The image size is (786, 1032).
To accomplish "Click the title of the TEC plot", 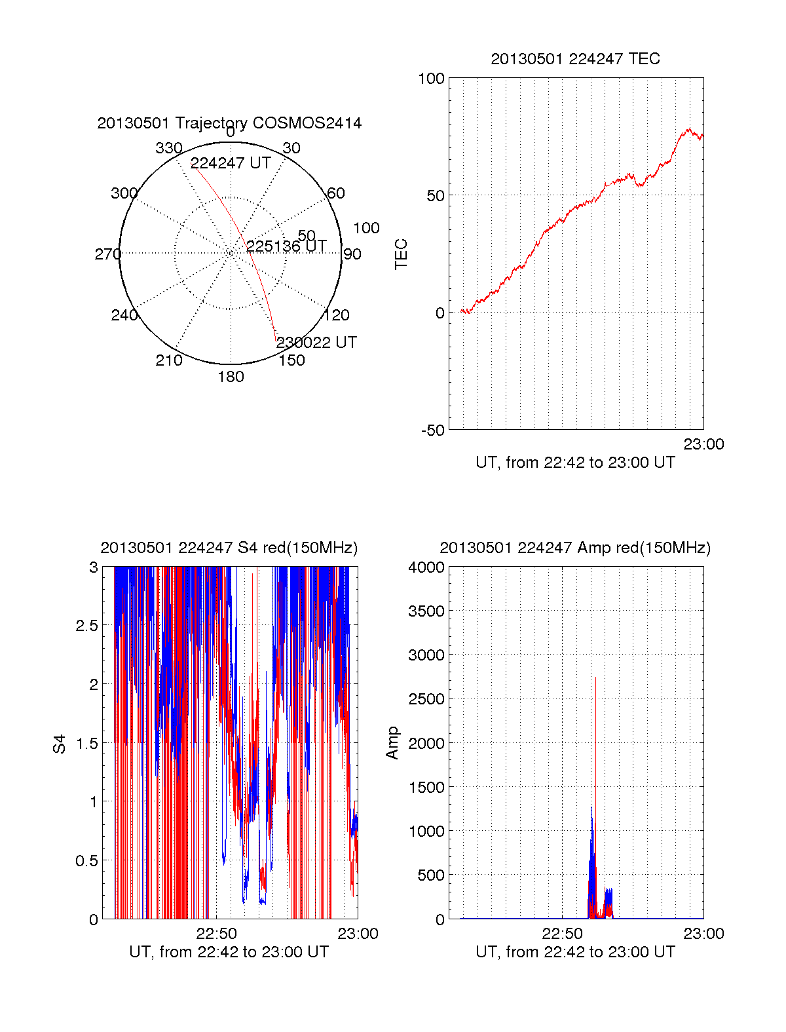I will [575, 59].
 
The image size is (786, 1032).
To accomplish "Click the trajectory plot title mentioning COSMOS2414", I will [229, 123].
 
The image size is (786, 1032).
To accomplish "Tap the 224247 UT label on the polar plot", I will [231, 163].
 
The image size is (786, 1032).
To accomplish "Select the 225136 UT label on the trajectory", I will [286, 246].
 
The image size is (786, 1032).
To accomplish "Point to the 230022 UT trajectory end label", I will [316, 343].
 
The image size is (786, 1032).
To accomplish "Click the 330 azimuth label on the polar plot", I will [168, 148].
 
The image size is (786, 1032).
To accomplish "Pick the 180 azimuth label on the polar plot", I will [231, 377].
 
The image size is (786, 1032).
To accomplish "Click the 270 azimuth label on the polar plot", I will [107, 254].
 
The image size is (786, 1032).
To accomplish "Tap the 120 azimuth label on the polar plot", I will [337, 315].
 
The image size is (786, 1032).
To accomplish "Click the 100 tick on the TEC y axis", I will [431, 79].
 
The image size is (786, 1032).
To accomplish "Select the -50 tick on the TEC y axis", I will [432, 430].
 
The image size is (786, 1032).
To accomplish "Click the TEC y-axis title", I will [401, 254].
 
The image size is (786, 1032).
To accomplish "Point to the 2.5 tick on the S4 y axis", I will [86, 626].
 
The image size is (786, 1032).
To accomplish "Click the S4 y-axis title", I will [60, 744].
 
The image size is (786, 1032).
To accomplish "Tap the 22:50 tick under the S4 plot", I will [216, 934].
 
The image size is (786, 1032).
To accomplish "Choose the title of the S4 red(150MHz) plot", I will [229, 548].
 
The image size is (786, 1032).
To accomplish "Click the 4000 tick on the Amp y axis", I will [426, 567].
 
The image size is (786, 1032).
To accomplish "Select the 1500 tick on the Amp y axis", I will [426, 788].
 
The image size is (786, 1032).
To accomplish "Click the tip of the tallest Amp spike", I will [595, 677].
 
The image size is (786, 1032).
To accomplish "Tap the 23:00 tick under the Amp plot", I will [703, 934].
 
